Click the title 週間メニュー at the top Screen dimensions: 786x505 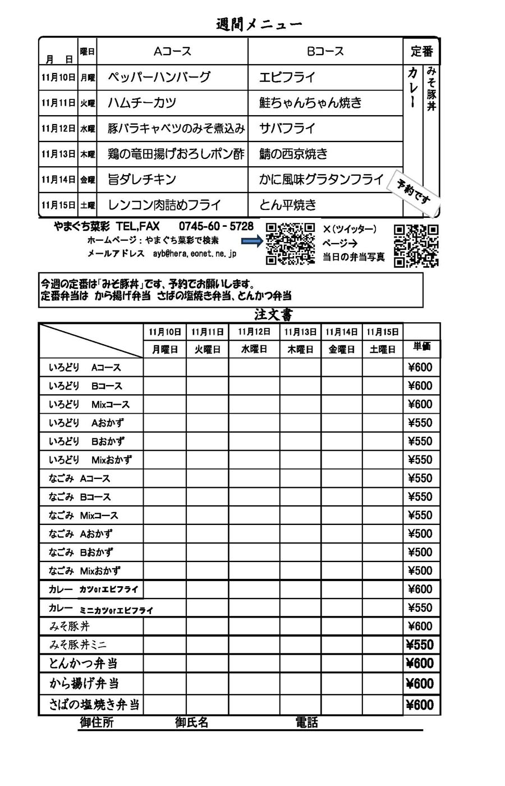tap(259, 24)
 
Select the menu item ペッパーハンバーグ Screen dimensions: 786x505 tap(159, 77)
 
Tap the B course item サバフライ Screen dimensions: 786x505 tap(287, 128)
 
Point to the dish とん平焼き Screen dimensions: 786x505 tap(288, 205)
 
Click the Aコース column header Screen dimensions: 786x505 tap(172, 51)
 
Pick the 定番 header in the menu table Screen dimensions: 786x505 tap(421, 51)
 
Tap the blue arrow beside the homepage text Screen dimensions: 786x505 tap(251, 241)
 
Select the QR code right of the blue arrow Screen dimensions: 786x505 tap(290, 244)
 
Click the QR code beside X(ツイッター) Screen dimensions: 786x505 tap(416, 245)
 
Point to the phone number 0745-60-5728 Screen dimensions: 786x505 tap(216, 226)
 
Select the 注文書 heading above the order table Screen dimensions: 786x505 tap(273, 315)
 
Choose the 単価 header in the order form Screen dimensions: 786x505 tap(421, 346)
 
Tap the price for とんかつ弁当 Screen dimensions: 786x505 tap(420, 663)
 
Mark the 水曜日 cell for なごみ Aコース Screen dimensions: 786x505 tap(254, 478)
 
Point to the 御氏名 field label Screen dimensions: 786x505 tap(192, 723)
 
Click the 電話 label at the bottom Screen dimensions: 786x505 tap(306, 723)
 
